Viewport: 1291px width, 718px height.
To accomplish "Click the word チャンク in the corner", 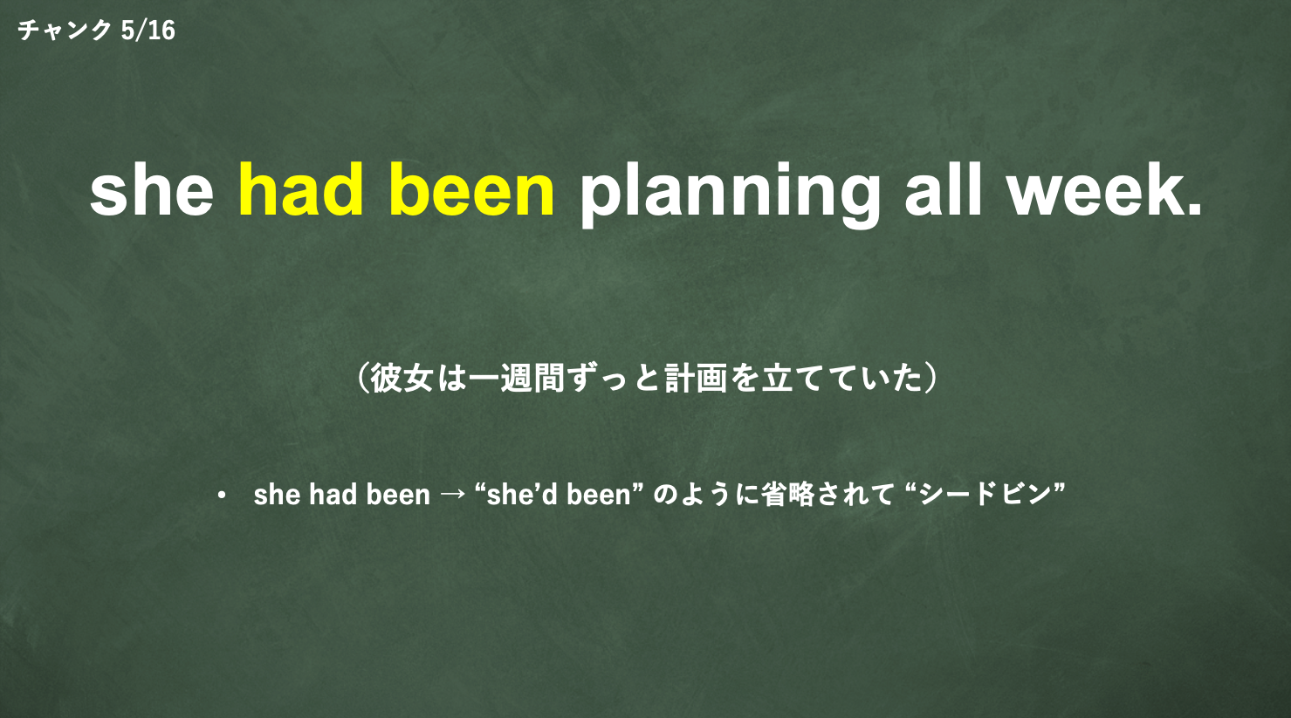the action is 64,30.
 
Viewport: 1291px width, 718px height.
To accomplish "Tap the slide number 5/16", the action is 148,30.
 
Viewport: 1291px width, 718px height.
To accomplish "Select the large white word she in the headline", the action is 152,190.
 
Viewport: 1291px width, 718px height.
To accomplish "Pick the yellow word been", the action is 472,190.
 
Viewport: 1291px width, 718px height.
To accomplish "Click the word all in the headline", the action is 944,189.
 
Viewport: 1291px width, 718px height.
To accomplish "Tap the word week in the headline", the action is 1092,189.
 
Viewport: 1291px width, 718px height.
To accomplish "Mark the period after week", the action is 1193,209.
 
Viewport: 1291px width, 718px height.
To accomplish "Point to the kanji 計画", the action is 696,378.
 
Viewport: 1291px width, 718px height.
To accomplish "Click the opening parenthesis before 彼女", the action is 362,378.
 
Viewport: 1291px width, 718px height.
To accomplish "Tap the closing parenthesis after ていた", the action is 930,378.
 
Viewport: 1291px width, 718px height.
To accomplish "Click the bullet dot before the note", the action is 222,496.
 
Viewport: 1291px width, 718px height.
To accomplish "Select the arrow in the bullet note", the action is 452,495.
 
